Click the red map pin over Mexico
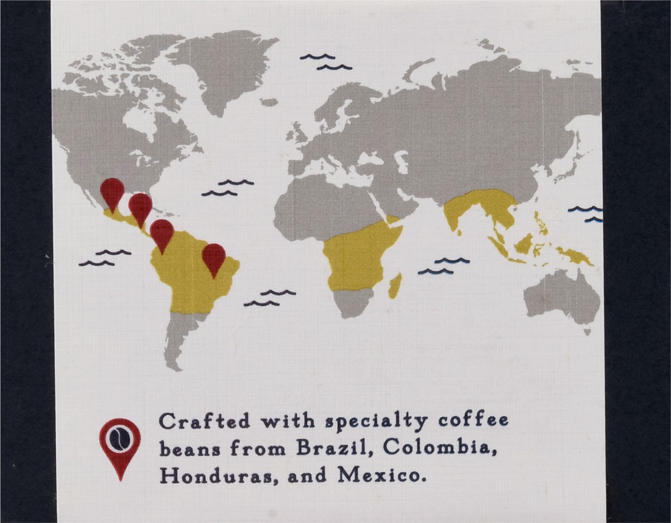click(x=112, y=191)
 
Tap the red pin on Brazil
click(x=214, y=257)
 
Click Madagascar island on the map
click(x=395, y=286)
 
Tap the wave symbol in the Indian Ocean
click(x=444, y=266)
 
